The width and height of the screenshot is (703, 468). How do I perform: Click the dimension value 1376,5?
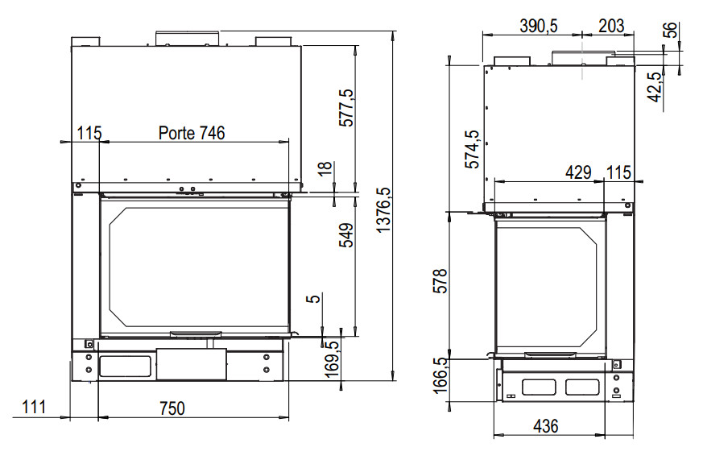pos(384,209)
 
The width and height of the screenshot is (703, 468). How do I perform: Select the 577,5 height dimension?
pos(346,108)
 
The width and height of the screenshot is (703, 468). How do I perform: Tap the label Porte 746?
pos(192,133)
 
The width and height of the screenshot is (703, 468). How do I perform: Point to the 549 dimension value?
pos(346,235)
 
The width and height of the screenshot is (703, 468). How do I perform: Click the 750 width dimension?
pos(172,408)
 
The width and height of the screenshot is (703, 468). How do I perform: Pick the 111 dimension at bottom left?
pos(34,407)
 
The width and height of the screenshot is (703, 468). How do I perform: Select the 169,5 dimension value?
pos(332,359)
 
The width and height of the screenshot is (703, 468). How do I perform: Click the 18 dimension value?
pos(325,168)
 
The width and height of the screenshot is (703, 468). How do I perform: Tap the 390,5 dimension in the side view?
pos(539,26)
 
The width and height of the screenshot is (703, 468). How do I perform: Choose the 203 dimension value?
pos(611,26)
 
